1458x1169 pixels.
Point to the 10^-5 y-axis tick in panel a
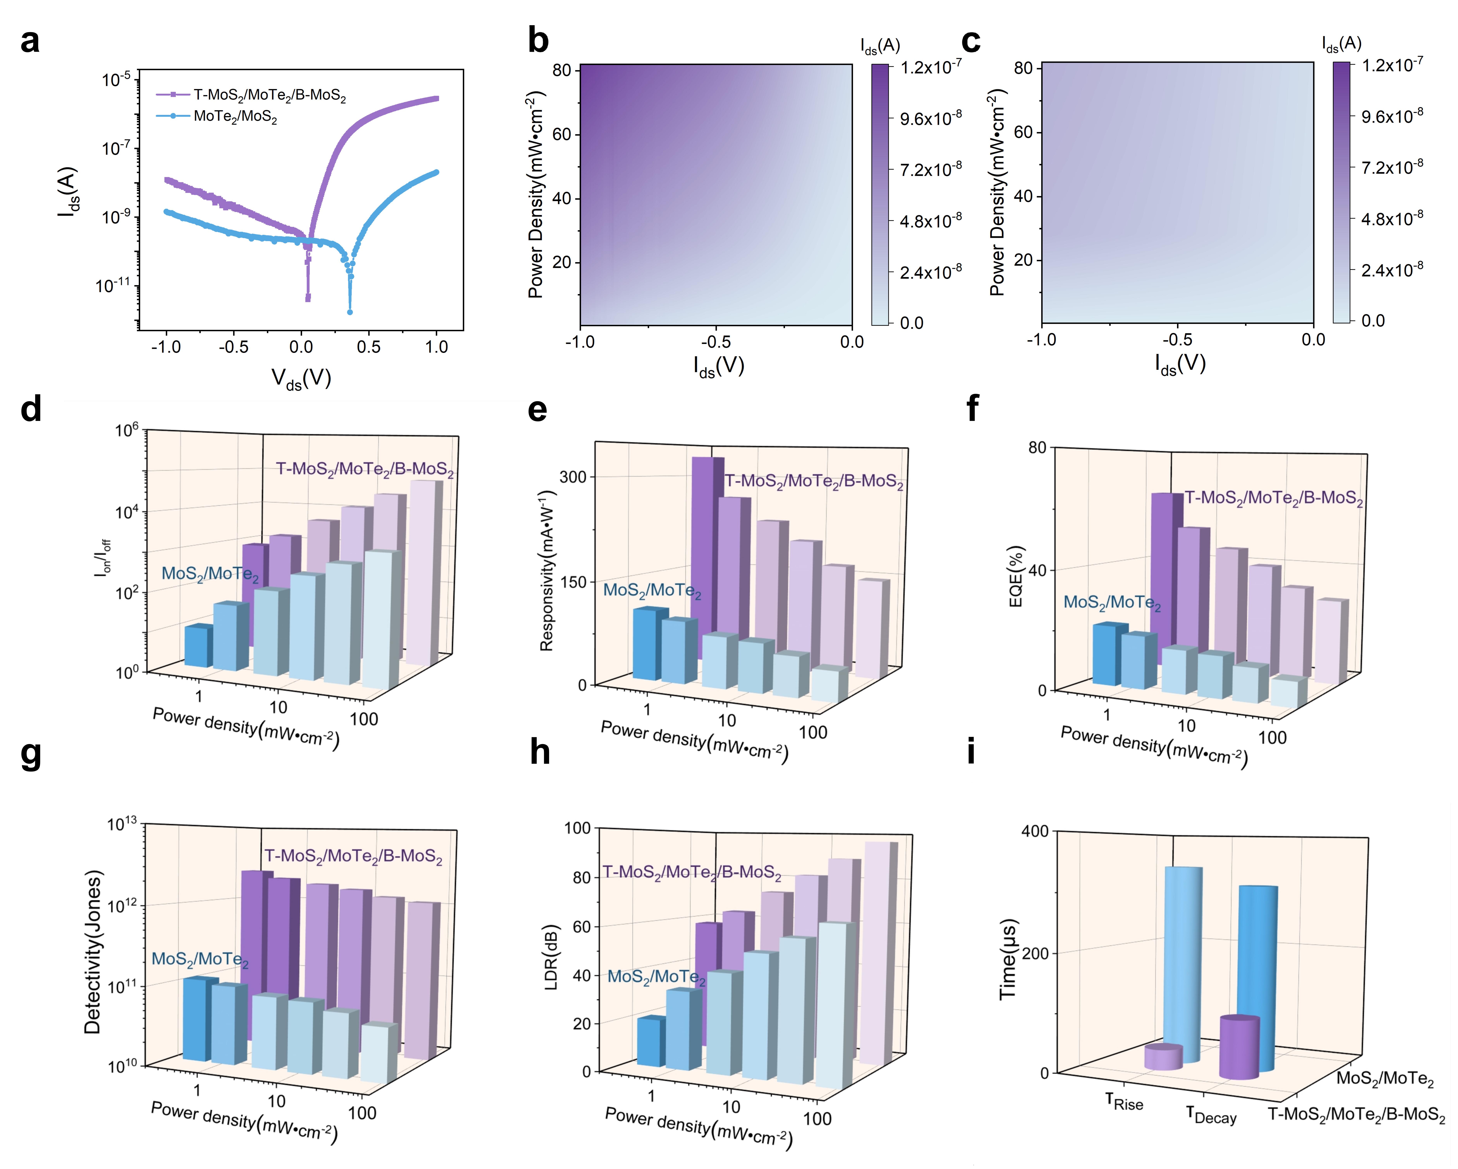116,80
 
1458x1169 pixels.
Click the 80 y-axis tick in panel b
562,70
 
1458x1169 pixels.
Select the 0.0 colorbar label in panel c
1373,321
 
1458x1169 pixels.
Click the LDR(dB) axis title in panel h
551,957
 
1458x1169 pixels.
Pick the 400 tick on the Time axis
1035,831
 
